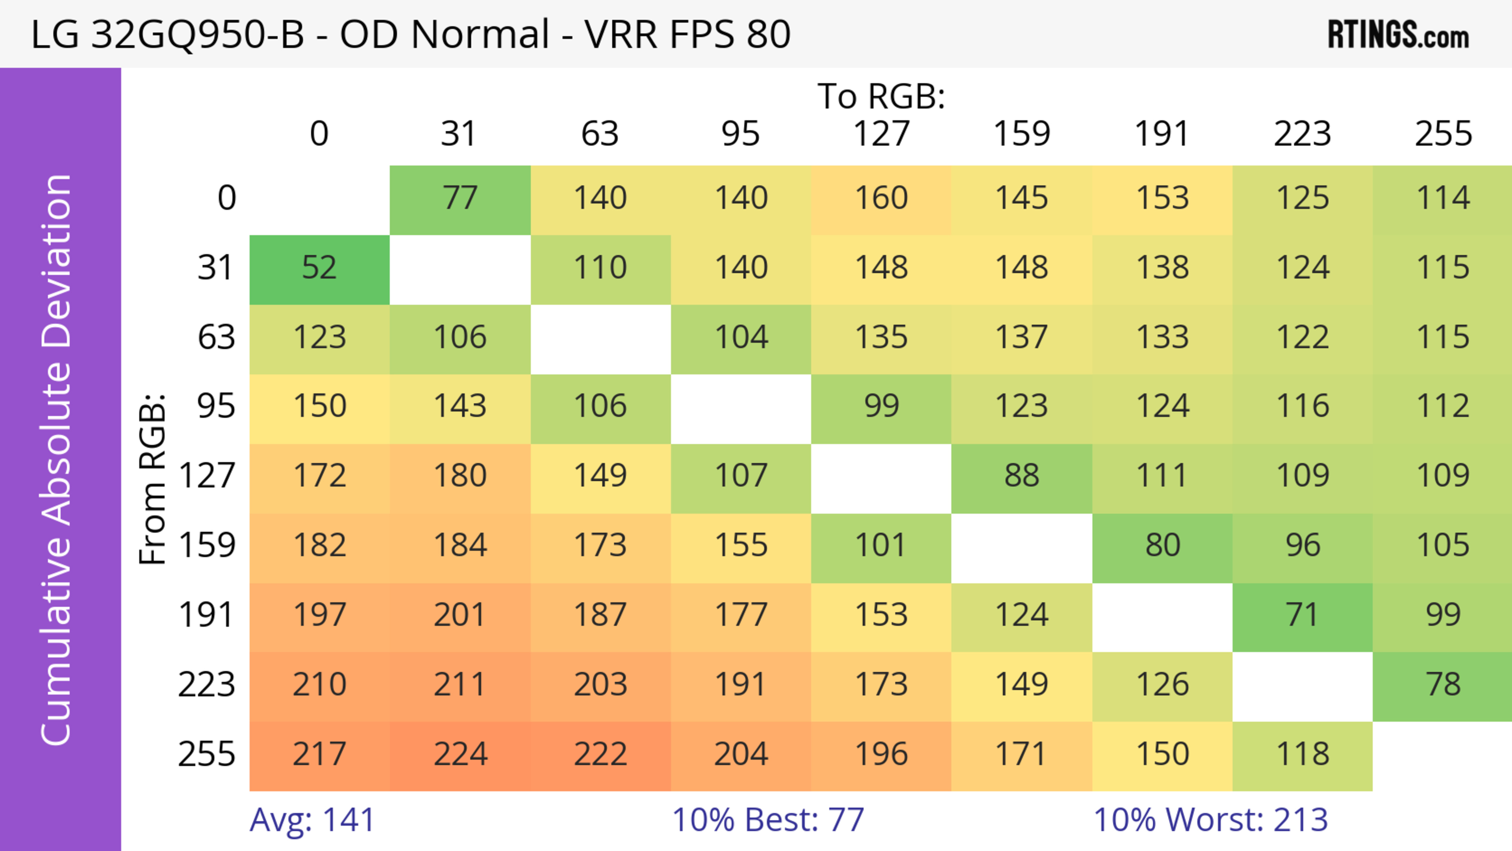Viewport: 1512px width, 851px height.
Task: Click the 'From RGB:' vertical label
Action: coord(153,479)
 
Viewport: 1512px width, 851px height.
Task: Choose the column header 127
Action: coord(881,134)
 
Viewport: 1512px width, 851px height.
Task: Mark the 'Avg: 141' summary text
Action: coord(312,820)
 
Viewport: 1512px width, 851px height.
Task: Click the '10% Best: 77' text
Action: coord(768,820)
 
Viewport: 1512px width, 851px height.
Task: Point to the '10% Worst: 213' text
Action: coord(1210,820)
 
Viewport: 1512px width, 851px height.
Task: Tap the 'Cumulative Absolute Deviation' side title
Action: coord(57,460)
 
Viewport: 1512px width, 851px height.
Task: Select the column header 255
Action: coord(1443,134)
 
